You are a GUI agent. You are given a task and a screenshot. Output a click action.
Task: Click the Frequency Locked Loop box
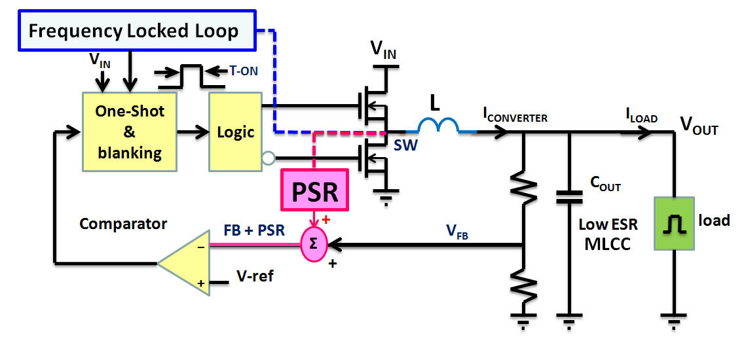pos(134,31)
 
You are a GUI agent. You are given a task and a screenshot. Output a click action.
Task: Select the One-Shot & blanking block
pos(129,132)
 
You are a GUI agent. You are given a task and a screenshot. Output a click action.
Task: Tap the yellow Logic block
pos(235,132)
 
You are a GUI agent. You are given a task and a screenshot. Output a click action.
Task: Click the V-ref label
pos(255,276)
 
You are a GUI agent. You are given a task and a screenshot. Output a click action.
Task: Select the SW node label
pos(406,145)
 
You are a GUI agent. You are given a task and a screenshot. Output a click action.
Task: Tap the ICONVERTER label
pos(515,116)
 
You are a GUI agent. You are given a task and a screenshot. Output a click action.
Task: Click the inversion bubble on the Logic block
pos(267,158)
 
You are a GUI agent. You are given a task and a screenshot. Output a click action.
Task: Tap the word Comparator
pos(123,224)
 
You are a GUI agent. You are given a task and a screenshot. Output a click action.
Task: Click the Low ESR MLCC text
pos(607,234)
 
